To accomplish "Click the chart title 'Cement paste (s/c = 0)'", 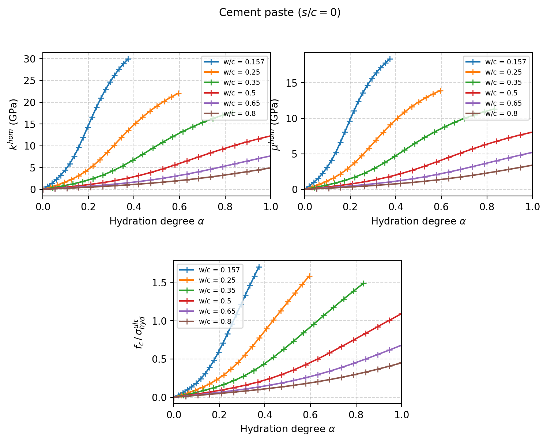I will (280, 13).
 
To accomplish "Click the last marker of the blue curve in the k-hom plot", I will (128, 59).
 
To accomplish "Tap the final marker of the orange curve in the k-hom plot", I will (179, 94).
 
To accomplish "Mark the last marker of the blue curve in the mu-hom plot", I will (390, 59).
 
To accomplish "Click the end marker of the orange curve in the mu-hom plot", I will (441, 91).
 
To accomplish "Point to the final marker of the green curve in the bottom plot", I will (363, 283).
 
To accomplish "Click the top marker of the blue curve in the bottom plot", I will (259, 267).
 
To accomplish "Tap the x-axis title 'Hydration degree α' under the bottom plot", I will (287, 429).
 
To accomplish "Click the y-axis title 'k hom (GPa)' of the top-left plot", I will (14, 124).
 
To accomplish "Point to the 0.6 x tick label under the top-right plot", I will (441, 207).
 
